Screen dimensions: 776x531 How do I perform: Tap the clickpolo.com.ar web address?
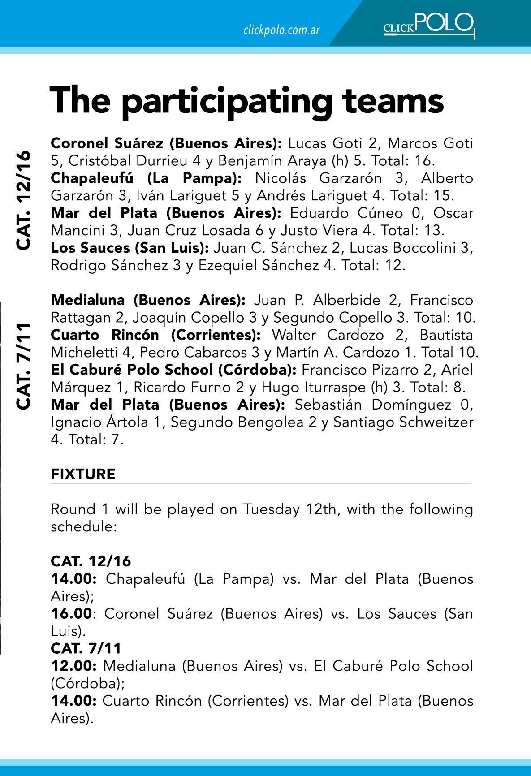(x=281, y=30)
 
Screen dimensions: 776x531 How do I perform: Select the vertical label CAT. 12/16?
(x=23, y=200)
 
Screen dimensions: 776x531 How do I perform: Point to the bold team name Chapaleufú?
(x=92, y=178)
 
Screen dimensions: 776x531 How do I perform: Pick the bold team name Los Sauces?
(x=84, y=248)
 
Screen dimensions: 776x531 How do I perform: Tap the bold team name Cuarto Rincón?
(x=105, y=335)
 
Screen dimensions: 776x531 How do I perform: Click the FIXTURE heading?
(x=83, y=474)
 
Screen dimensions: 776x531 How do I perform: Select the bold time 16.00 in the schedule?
(x=71, y=613)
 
